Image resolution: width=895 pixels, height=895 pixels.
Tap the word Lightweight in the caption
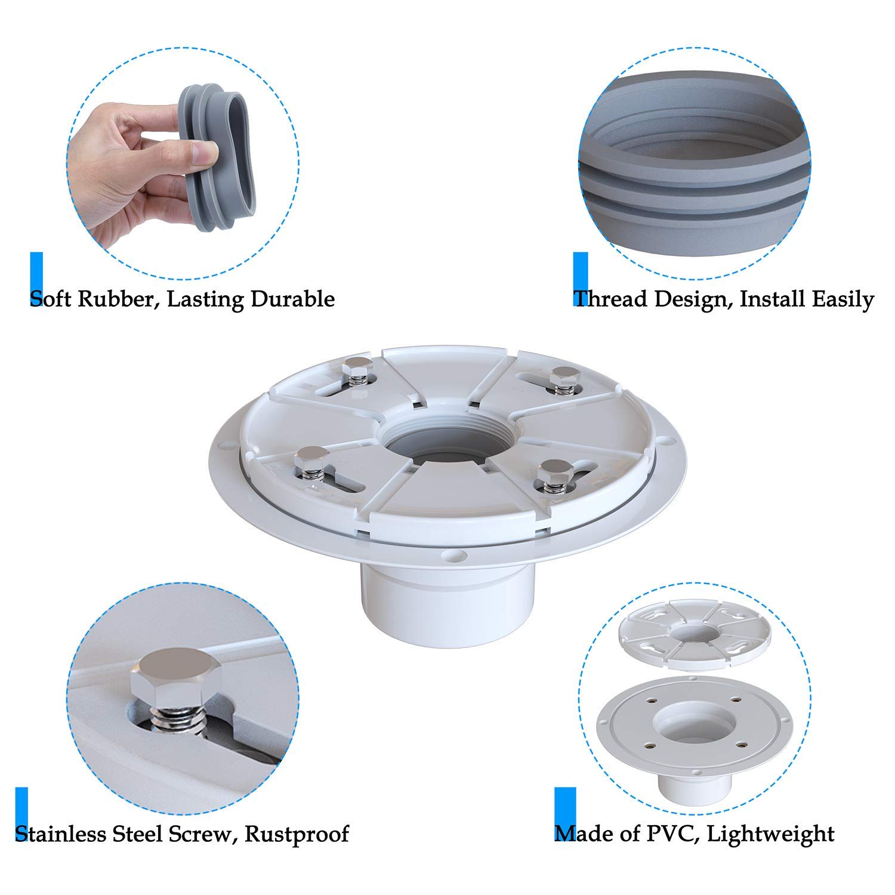[x=770, y=833]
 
